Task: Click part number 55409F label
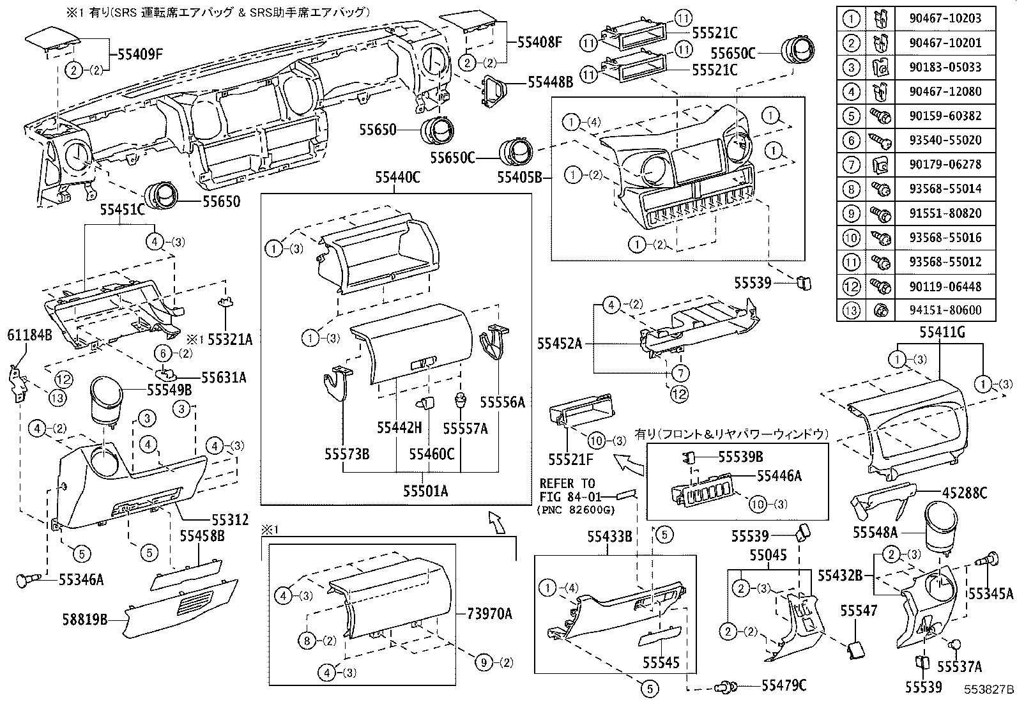141,54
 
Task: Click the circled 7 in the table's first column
852,164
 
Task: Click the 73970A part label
490,615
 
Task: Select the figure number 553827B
989,690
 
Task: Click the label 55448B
550,82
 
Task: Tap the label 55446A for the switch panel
779,475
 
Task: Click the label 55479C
784,685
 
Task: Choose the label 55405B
519,177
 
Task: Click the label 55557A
466,428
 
